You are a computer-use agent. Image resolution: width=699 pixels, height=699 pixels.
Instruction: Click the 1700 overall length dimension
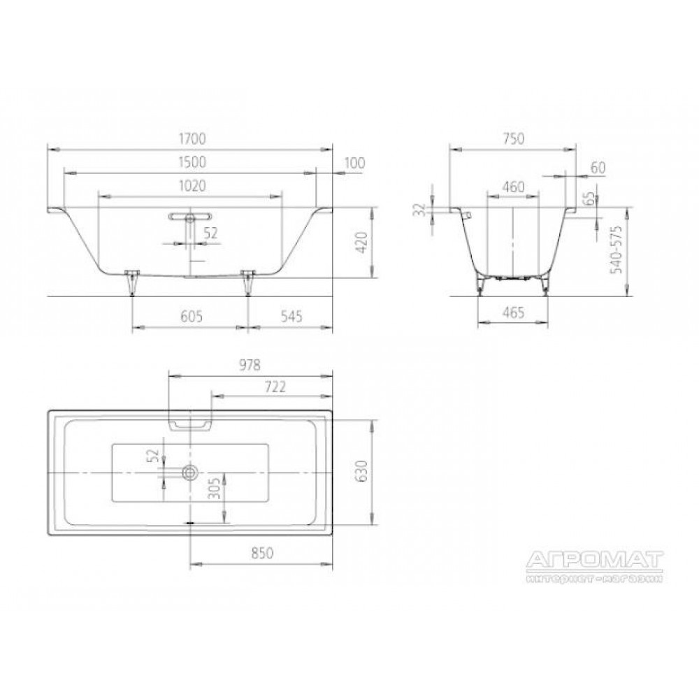coord(192,139)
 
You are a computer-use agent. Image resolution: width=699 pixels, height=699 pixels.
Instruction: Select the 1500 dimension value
coord(192,162)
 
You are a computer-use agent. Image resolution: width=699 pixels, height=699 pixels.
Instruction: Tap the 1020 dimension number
coord(192,186)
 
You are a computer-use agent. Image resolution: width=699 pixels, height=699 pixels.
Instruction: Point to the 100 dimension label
coord(354,163)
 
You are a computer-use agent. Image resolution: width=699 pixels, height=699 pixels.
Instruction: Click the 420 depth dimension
coord(361,243)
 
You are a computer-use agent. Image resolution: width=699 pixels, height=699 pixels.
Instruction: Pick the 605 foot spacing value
coord(192,317)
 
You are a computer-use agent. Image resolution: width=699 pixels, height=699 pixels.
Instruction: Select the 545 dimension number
coord(291,317)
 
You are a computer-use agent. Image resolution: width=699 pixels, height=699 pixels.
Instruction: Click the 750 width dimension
coord(513,139)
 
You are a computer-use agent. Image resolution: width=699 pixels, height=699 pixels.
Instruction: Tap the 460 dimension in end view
coord(513,187)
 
